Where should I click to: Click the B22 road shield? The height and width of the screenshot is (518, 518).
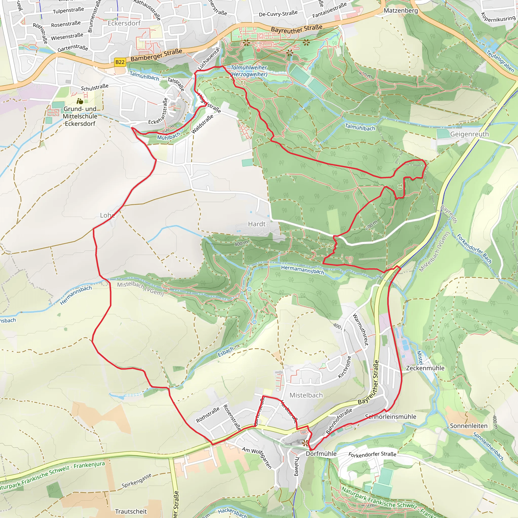[120, 62]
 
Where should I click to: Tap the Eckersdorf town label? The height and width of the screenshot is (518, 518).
[124, 23]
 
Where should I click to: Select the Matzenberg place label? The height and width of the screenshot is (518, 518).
[401, 10]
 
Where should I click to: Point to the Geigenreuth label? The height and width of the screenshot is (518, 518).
[469, 134]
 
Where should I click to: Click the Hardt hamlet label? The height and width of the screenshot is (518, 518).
[256, 224]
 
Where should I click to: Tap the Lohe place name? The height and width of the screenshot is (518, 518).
[107, 215]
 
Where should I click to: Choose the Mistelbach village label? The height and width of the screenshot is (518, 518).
[306, 395]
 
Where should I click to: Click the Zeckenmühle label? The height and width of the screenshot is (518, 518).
[425, 368]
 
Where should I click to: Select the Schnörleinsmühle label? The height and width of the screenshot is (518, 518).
[390, 417]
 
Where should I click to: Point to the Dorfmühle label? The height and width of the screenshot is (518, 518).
[321, 454]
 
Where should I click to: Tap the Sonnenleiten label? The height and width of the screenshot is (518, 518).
[468, 426]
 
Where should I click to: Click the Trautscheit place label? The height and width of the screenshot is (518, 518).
[131, 511]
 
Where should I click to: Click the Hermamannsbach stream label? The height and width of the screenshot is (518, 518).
[303, 270]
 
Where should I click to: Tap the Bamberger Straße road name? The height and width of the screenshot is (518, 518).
[156, 55]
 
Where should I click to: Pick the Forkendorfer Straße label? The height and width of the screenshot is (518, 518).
[372, 454]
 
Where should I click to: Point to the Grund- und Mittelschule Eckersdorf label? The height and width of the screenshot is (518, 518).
[80, 116]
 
